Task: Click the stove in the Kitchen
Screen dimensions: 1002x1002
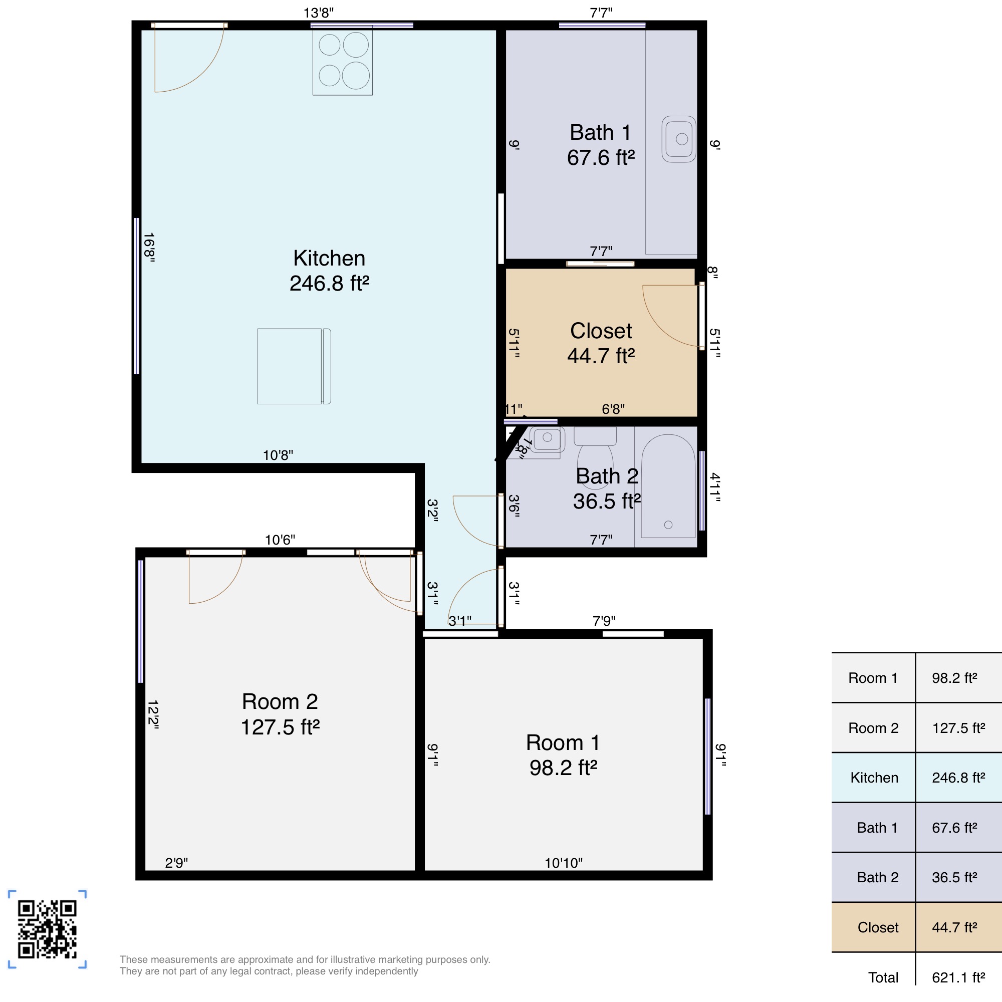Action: (342, 61)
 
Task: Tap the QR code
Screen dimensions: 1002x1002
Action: (47, 929)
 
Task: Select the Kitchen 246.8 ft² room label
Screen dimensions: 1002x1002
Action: (329, 271)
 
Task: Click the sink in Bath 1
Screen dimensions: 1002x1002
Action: (678, 139)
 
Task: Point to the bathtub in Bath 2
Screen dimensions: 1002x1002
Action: (668, 486)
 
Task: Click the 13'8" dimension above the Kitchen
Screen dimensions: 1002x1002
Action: (319, 13)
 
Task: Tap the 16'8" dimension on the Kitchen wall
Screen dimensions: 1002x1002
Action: (149, 247)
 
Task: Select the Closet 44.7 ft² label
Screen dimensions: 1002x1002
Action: (601, 343)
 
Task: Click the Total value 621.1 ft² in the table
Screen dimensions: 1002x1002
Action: (958, 977)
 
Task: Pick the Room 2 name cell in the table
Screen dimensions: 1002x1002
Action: (873, 728)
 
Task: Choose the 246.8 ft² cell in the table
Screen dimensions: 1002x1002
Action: (958, 778)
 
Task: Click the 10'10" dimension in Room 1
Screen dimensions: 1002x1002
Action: (563, 863)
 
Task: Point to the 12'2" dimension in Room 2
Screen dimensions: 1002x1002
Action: (153, 715)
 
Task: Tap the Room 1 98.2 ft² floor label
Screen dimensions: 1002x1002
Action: (563, 755)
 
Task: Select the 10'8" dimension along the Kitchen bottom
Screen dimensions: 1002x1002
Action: (278, 455)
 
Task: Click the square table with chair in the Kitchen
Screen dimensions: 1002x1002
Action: (294, 366)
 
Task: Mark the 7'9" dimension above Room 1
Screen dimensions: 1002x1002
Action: (604, 621)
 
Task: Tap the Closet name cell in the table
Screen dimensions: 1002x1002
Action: (878, 927)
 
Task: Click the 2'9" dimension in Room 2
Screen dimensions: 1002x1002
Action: (176, 863)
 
